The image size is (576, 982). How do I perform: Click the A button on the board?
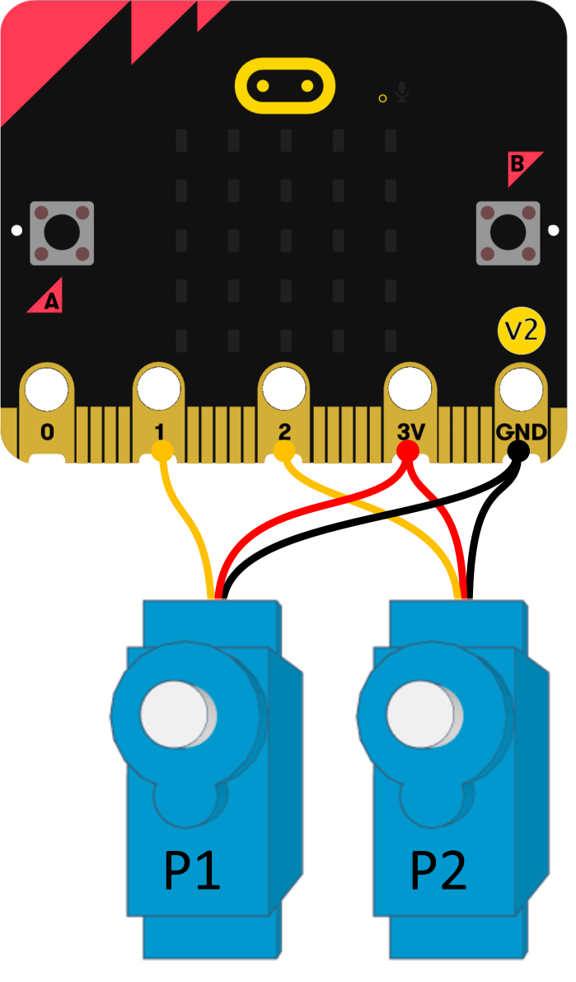pyautogui.click(x=61, y=233)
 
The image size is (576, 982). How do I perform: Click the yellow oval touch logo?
pyautogui.click(x=285, y=85)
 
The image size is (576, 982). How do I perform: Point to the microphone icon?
pyautogui.click(x=402, y=92)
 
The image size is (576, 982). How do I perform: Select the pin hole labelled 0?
pyautogui.click(x=47, y=388)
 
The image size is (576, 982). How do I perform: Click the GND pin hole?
pyautogui.click(x=521, y=388)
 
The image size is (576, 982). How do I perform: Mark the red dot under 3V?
pyautogui.click(x=408, y=450)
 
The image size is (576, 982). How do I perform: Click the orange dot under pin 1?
pyautogui.click(x=162, y=450)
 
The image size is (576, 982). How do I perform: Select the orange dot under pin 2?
pyautogui.click(x=284, y=450)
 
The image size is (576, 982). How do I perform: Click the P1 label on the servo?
pyautogui.click(x=193, y=871)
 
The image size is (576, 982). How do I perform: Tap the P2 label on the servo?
pyautogui.click(x=438, y=871)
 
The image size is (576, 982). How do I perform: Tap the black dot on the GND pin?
pyautogui.click(x=518, y=449)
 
